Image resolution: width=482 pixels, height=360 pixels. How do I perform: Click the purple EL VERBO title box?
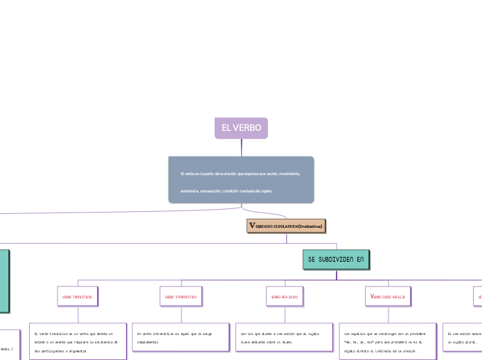(241, 128)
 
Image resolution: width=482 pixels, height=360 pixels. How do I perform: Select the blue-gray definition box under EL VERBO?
(241, 180)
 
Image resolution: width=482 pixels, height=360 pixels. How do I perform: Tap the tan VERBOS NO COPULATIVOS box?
(285, 226)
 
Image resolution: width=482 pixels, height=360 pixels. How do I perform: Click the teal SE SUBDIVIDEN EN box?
(336, 259)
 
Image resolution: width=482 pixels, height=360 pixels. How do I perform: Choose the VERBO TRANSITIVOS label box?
(77, 296)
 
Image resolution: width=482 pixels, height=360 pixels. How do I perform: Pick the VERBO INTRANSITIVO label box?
(181, 296)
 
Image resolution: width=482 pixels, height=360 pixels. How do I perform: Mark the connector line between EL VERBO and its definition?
(241, 147)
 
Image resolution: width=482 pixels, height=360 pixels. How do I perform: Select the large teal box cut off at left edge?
(4, 281)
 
